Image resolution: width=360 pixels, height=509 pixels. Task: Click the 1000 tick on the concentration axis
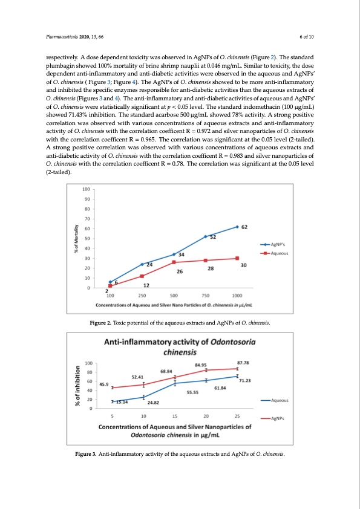pyautogui.click(x=237, y=296)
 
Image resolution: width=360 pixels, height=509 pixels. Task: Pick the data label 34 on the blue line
pyautogui.click(x=181, y=254)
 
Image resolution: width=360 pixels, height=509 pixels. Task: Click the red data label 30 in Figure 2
pyautogui.click(x=243, y=265)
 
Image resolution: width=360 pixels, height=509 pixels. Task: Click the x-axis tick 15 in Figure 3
pyautogui.click(x=175, y=416)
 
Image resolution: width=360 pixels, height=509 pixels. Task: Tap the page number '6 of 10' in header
pyautogui.click(x=307, y=37)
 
